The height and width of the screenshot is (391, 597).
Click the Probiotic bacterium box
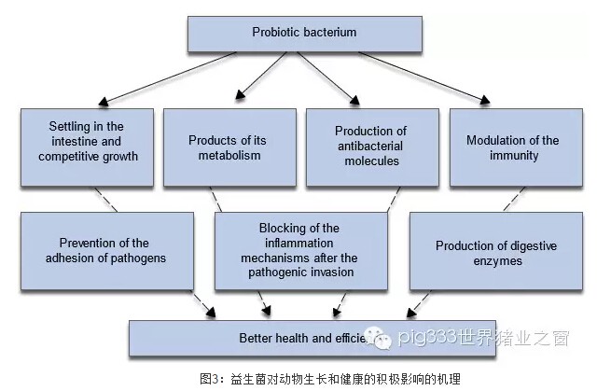tap(304, 33)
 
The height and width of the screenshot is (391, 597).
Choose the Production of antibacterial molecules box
tap(371, 147)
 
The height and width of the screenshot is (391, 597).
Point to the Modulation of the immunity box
tap(513, 147)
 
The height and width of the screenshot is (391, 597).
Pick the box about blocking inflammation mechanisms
tap(300, 251)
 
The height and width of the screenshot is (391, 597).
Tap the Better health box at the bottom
tap(280, 338)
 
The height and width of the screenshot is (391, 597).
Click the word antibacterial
tap(371, 147)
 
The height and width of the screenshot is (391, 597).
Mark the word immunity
tap(513, 156)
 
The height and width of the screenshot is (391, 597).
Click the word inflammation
tap(300, 244)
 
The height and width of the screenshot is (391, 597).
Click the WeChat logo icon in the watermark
tap(379, 338)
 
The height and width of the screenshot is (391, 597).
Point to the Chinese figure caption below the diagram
tap(330, 378)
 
